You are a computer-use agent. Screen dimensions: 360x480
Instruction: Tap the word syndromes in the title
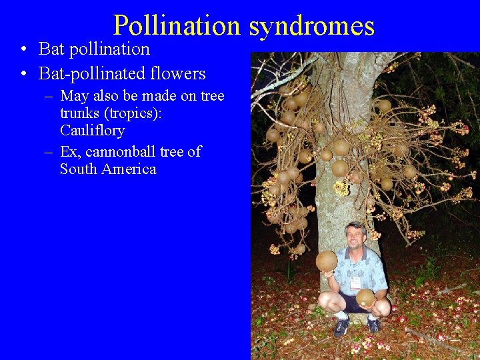312,26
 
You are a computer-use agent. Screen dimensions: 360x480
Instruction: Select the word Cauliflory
92,130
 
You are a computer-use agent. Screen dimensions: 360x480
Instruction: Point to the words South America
108,169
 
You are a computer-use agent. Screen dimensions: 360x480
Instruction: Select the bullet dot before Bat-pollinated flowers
23,74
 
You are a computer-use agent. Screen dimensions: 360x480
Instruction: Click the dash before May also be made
49,97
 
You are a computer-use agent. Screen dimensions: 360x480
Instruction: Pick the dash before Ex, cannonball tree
49,153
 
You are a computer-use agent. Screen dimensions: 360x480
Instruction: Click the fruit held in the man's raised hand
326,261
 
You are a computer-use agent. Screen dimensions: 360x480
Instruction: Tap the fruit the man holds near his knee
365,297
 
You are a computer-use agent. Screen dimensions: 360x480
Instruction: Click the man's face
355,237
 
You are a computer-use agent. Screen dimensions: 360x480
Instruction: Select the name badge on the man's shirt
355,282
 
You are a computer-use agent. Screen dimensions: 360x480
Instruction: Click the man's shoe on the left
341,327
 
